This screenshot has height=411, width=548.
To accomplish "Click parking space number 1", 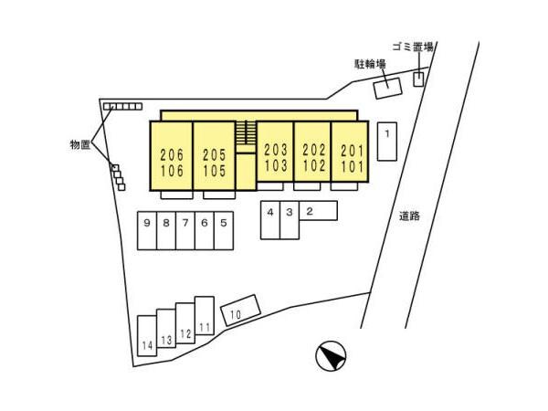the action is [x=387, y=142].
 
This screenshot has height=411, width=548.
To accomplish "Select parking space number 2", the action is [x=318, y=210].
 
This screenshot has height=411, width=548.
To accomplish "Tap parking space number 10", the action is [x=241, y=310].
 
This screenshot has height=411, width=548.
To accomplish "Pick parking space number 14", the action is [x=147, y=336].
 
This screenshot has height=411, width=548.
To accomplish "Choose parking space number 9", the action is [x=147, y=231].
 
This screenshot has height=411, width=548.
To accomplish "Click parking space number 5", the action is [x=224, y=231].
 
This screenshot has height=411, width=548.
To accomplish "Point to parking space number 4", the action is [x=270, y=220].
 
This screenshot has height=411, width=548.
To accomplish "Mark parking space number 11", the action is [x=205, y=316].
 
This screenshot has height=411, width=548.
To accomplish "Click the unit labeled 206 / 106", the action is [x=172, y=156].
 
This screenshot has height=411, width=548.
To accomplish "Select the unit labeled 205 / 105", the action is [x=214, y=156].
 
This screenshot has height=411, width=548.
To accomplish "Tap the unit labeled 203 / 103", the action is [x=275, y=152].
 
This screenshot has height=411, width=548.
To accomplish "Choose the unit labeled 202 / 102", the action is [x=312, y=152].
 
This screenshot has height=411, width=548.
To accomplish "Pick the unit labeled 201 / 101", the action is [x=350, y=152].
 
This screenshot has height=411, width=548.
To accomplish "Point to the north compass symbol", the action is [x=331, y=356].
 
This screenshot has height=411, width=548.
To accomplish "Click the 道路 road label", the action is [x=409, y=216].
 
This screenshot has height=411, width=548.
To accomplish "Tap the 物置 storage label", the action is [x=80, y=144].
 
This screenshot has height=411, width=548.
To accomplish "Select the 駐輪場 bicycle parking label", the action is [x=371, y=64].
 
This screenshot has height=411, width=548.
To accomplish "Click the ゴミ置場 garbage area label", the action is [x=413, y=47].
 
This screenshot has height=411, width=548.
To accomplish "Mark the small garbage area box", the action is [x=418, y=79].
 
